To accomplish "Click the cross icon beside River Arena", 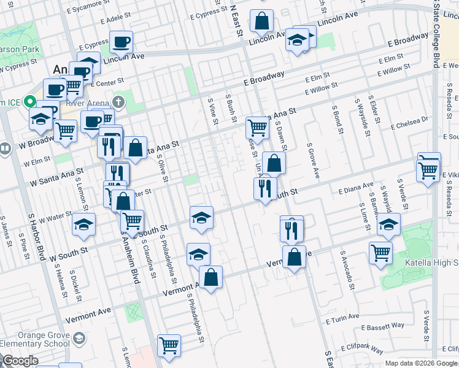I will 119,101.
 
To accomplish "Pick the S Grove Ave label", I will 313,161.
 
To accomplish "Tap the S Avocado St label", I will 346,269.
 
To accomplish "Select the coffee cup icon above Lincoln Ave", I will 121,42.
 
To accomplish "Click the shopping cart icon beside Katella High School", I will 381,251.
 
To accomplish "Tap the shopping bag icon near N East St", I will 261,21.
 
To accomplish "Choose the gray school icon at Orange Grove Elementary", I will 79,338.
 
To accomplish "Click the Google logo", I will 20,361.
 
